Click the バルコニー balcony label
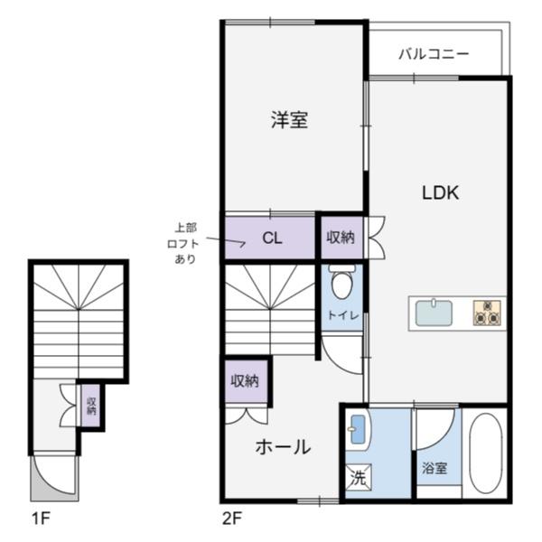(x=434, y=54)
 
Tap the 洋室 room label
(x=289, y=119)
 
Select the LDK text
(x=441, y=192)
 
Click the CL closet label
(x=272, y=238)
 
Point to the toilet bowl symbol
(x=342, y=281)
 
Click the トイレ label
(x=343, y=315)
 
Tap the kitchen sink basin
(x=434, y=313)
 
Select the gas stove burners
(x=487, y=313)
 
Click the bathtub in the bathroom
(x=486, y=453)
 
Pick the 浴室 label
(x=435, y=468)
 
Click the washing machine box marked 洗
(x=359, y=477)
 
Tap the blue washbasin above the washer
(x=358, y=430)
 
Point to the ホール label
(x=283, y=446)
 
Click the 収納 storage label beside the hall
(x=245, y=381)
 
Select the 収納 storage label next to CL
(x=341, y=238)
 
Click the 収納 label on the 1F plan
(x=91, y=406)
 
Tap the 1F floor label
(x=42, y=519)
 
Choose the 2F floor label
(x=231, y=519)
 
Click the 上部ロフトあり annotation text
(x=183, y=243)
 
